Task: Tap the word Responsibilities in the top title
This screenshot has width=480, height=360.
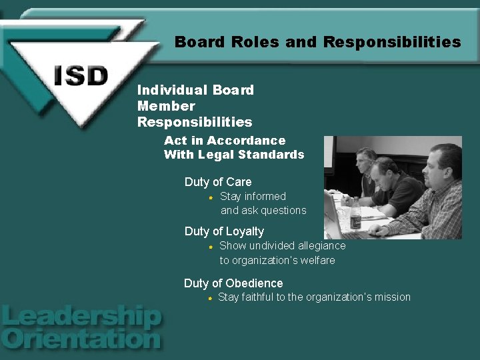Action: [392, 43]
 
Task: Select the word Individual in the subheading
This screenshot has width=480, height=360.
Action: [165, 90]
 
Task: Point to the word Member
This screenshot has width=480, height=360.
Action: [166, 106]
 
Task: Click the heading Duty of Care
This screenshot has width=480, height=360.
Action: [218, 182]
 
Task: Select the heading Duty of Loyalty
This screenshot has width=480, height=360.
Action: [224, 231]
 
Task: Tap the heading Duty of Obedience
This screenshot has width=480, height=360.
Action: [233, 283]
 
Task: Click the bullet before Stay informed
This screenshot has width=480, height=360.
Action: [210, 197]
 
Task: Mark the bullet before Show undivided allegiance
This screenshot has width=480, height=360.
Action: [210, 247]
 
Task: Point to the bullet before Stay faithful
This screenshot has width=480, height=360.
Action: [209, 298]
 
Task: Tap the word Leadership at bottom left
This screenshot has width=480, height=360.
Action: [81, 317]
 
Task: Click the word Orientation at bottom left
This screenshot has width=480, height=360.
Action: [81, 339]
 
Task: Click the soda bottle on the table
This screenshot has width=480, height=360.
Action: [355, 213]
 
